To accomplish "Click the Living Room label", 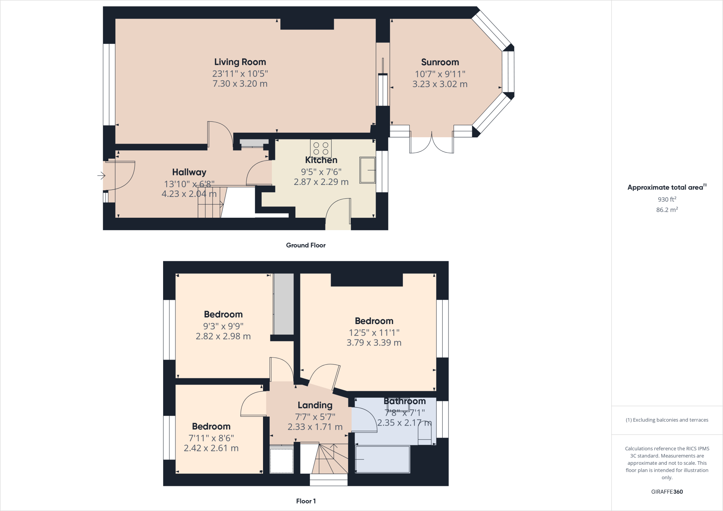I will pos(240,62).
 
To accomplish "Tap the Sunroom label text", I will pos(440,62).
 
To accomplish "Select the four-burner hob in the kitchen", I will pos(321,149).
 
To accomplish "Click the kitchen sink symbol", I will pos(368,170).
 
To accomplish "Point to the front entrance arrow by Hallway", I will pos(101,175).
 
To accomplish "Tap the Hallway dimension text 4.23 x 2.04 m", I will pos(189,194).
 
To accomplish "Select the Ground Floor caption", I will pos(306,245).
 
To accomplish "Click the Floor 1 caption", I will pos(306,501).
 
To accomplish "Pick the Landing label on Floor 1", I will pos(315,405).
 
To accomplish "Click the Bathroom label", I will pos(405,401).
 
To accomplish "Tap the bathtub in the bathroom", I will pos(383,459).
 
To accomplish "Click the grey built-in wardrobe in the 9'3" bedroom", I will pos(284,304).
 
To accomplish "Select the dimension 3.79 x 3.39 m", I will pos(374,343).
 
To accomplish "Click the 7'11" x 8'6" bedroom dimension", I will pos(211,438).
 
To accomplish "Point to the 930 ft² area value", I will pos(667,199).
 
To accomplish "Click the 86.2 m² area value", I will pos(667,210).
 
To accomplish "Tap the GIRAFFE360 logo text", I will pos(667,492).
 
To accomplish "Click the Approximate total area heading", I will pos(667,187).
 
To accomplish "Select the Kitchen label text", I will pos(321,160).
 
